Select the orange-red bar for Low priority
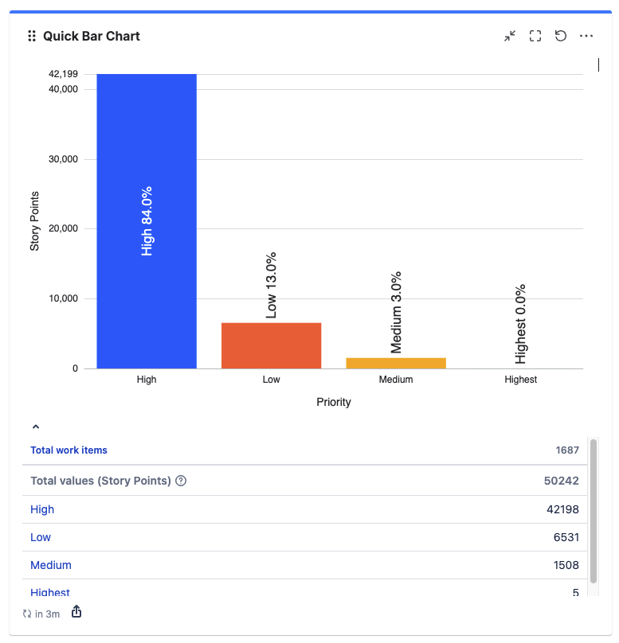[271, 345]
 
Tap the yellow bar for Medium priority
[396, 363]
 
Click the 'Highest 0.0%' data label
[521, 324]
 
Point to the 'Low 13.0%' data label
[271, 286]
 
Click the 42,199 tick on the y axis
[63, 74]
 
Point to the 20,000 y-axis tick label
[63, 229]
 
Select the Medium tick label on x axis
[396, 380]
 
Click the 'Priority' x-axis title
[334, 402]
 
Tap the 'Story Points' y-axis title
[35, 221]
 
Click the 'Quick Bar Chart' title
[92, 36]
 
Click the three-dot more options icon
[586, 36]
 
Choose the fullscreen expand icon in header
[535, 36]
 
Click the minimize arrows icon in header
[510, 36]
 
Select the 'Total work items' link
[69, 450]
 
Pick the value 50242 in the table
[562, 481]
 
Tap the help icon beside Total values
[181, 481]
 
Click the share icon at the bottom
[76, 612]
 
